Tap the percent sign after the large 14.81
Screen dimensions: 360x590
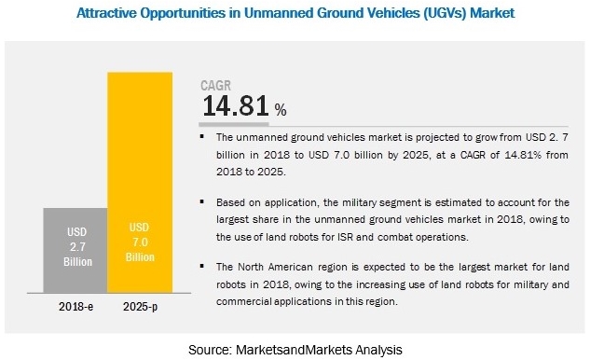(279, 109)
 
